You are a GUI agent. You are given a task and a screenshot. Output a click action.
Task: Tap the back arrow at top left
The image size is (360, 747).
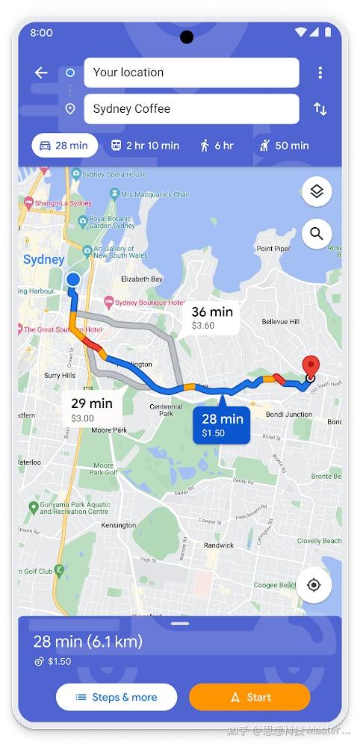coord(41,72)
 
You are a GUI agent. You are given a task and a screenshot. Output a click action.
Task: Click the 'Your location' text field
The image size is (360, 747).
coord(191,72)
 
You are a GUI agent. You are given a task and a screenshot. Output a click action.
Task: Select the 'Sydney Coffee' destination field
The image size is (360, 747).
coord(191,109)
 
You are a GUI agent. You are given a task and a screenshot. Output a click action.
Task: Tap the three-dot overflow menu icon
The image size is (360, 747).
coord(320,72)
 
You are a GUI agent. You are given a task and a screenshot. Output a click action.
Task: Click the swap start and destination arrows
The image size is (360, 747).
coord(320,109)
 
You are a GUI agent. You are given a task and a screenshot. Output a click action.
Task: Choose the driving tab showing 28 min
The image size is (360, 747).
coord(64,146)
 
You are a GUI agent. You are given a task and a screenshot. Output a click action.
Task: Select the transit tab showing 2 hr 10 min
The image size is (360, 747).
coord(145,146)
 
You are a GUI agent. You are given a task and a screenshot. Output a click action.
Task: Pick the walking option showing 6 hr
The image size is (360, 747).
coord(217,146)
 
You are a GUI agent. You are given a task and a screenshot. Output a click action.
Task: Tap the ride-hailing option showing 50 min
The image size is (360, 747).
coord(284,146)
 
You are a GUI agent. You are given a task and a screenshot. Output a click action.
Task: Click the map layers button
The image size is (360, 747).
coord(316,192)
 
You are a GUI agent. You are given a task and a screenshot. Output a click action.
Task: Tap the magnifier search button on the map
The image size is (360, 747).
coord(316,234)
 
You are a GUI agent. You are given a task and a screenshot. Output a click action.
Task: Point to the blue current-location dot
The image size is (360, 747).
coord(73,279)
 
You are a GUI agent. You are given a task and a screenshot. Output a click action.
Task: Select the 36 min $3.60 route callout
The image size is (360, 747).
coord(212,317)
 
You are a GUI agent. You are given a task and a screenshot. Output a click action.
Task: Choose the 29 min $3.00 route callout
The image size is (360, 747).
coord(92,409)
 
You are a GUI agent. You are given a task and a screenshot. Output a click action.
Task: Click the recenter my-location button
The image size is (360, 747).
coord(314,585)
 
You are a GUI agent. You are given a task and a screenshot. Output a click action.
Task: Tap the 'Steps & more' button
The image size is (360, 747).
coord(117,697)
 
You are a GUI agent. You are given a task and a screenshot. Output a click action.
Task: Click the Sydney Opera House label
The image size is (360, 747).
coord(114,175)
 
